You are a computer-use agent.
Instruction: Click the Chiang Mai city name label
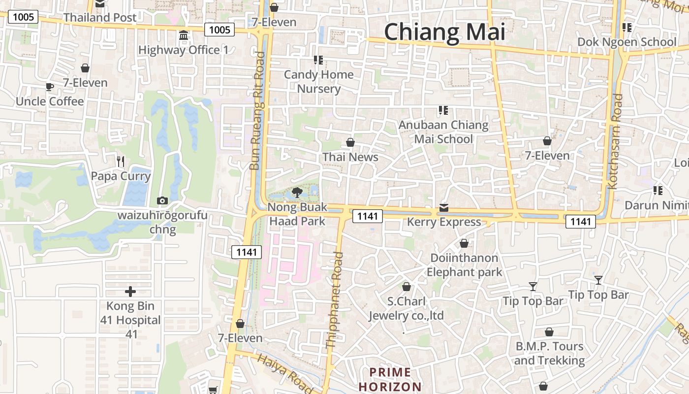coord(444,32)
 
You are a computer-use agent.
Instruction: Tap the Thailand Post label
coord(100,17)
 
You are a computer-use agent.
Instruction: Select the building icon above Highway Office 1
coord(184,35)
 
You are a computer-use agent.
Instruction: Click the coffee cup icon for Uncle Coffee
coord(49,87)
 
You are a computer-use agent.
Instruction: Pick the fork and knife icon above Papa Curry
coord(121,161)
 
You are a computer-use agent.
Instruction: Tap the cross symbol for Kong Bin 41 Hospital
coord(130,292)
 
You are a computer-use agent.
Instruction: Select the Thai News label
coord(350,157)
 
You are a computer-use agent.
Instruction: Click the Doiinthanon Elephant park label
coord(464,265)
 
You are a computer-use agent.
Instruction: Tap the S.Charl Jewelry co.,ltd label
coord(407,308)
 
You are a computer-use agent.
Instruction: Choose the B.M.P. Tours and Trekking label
coord(549,353)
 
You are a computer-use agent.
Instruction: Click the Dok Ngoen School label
coord(627,42)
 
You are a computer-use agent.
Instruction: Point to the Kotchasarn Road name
coord(615,141)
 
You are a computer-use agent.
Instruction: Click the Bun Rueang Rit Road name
coord(256,111)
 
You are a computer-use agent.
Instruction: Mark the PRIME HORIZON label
coord(390,379)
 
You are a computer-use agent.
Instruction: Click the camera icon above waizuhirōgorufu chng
coord(162,200)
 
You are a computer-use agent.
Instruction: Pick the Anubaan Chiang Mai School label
coord(443,132)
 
